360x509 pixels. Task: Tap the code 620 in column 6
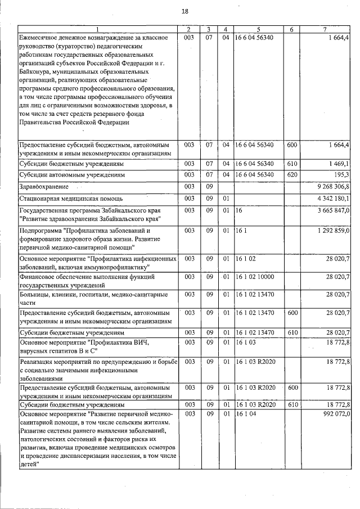pyautogui.click(x=291, y=175)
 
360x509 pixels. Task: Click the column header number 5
pyautogui.click(x=258, y=29)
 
